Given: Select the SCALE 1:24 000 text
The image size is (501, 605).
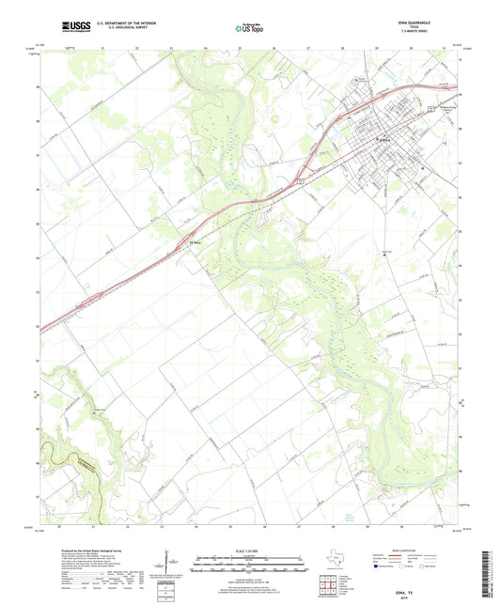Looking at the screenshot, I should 250,551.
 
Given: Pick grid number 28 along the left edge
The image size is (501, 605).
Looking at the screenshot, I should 38,122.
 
